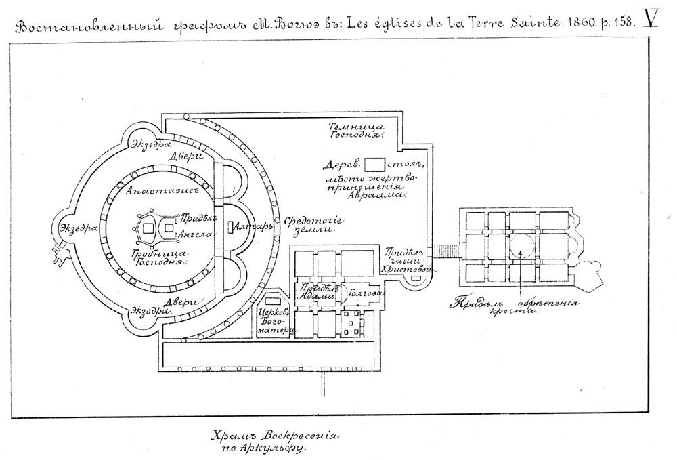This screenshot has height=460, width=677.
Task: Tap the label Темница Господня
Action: pos(357,131)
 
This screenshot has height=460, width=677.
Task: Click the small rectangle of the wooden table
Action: pos(374,164)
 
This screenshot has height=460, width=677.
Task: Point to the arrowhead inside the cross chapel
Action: pos(520,253)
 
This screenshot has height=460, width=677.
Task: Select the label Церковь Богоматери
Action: pos(275,321)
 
